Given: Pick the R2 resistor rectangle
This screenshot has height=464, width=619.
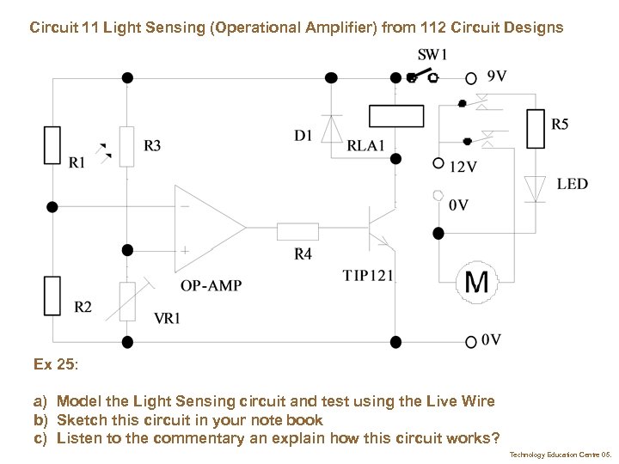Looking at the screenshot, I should [x=52, y=295].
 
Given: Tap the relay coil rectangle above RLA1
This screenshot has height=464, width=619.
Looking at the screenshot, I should [x=395, y=116].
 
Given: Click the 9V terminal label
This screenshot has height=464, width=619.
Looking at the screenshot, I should [x=496, y=76].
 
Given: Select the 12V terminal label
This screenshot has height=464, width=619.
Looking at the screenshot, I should [x=463, y=166].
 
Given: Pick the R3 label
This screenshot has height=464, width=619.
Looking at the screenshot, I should [x=151, y=145].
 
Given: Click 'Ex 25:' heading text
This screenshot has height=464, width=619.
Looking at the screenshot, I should [x=56, y=364].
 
